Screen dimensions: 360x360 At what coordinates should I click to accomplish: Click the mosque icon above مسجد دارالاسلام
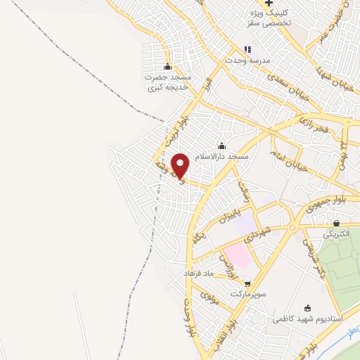coord(222,146)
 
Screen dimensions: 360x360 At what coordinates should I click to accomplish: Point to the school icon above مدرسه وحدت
coord(247,49)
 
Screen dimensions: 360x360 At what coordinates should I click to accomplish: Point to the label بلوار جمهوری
coord(323,206)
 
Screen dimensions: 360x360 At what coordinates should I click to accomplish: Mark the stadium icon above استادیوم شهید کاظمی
coord(307,308)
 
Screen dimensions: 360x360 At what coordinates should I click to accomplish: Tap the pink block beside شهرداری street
coord(237,256)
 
